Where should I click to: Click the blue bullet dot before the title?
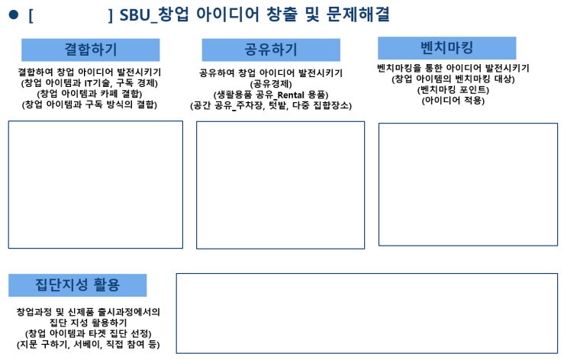(x=14, y=14)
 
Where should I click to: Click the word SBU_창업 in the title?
(x=154, y=14)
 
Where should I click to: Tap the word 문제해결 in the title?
(x=358, y=14)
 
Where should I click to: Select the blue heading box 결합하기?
(x=90, y=50)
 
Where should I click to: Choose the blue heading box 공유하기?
(x=271, y=50)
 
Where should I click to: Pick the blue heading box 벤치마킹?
(x=447, y=48)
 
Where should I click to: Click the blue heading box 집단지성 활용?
(x=77, y=285)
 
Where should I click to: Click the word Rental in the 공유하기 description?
(x=291, y=95)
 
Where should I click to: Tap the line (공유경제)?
(x=271, y=84)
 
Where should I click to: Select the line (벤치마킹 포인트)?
(x=453, y=90)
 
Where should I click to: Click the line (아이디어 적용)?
(x=453, y=100)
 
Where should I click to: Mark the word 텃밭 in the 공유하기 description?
(x=278, y=105)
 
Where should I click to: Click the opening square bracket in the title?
(x=31, y=15)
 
